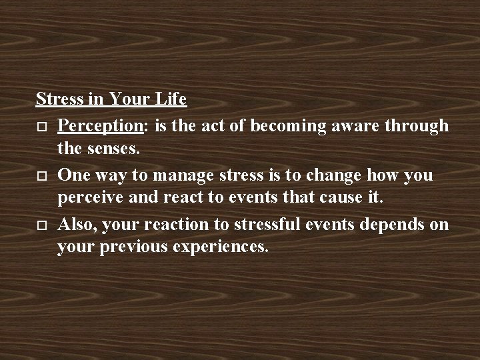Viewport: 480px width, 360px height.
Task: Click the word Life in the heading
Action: click(x=170, y=100)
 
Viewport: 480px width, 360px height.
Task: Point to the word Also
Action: click(x=75, y=224)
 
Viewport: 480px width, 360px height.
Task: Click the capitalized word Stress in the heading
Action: click(x=58, y=100)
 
